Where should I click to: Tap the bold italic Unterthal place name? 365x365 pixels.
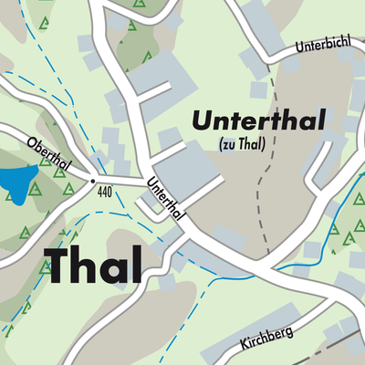[258, 121]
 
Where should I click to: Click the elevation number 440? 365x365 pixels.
[104, 193]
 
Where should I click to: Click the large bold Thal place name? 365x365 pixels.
[93, 265]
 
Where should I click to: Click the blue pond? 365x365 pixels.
[16, 183]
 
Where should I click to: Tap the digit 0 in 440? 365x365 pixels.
[110, 193]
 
